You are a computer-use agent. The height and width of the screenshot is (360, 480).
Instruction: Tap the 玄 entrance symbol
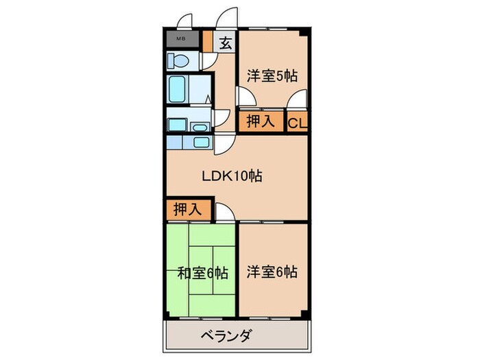[226, 43]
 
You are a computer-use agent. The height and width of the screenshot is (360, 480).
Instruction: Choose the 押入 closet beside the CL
[261, 121]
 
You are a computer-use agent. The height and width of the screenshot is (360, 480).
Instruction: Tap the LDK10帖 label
[232, 176]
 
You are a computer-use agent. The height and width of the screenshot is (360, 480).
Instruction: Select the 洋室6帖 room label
[272, 272]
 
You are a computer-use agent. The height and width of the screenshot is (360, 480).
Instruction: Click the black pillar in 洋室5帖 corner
[304, 33]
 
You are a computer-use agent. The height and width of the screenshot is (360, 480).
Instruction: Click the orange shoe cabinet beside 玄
[208, 41]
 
